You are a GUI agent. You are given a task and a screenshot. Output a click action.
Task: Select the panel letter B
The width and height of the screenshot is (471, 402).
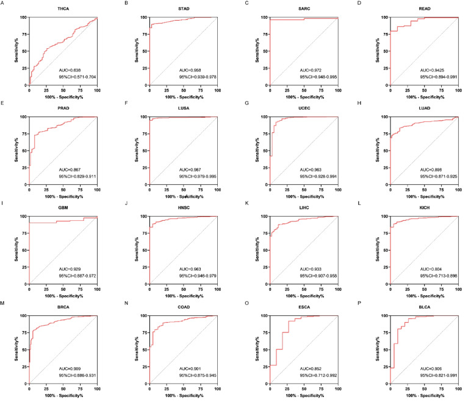[125, 3]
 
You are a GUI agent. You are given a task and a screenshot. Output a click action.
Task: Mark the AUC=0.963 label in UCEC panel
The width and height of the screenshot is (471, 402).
[309, 170]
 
